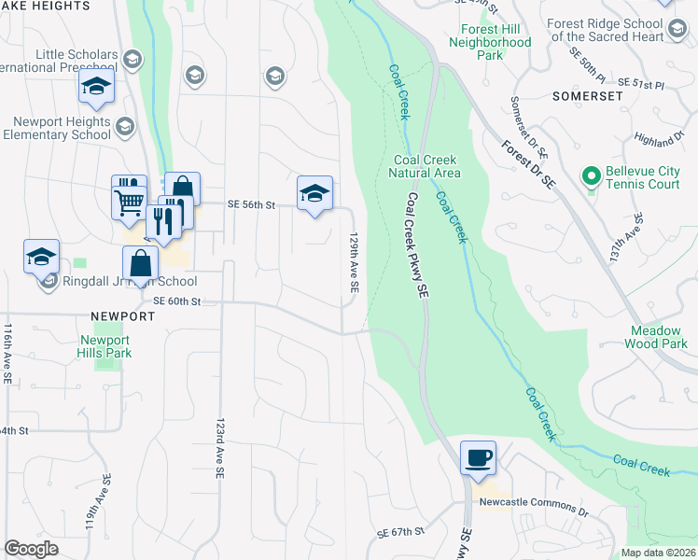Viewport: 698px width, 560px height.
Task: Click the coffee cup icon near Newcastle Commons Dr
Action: click(478, 457)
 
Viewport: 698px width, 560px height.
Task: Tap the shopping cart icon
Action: click(129, 201)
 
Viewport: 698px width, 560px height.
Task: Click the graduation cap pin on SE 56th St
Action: click(315, 193)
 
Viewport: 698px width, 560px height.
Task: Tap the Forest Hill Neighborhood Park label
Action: click(489, 43)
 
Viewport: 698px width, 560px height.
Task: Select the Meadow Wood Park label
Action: click(658, 337)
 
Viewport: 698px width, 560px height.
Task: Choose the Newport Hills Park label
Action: click(105, 346)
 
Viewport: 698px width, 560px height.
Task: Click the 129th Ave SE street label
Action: click(354, 264)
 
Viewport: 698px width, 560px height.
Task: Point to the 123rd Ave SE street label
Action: click(220, 448)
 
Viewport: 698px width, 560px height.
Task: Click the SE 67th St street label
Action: click(400, 531)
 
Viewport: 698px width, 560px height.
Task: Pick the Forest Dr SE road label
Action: click(527, 166)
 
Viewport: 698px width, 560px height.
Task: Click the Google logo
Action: click(32, 549)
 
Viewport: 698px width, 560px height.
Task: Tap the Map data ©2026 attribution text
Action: click(659, 553)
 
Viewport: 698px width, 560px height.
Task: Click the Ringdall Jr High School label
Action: click(130, 281)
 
